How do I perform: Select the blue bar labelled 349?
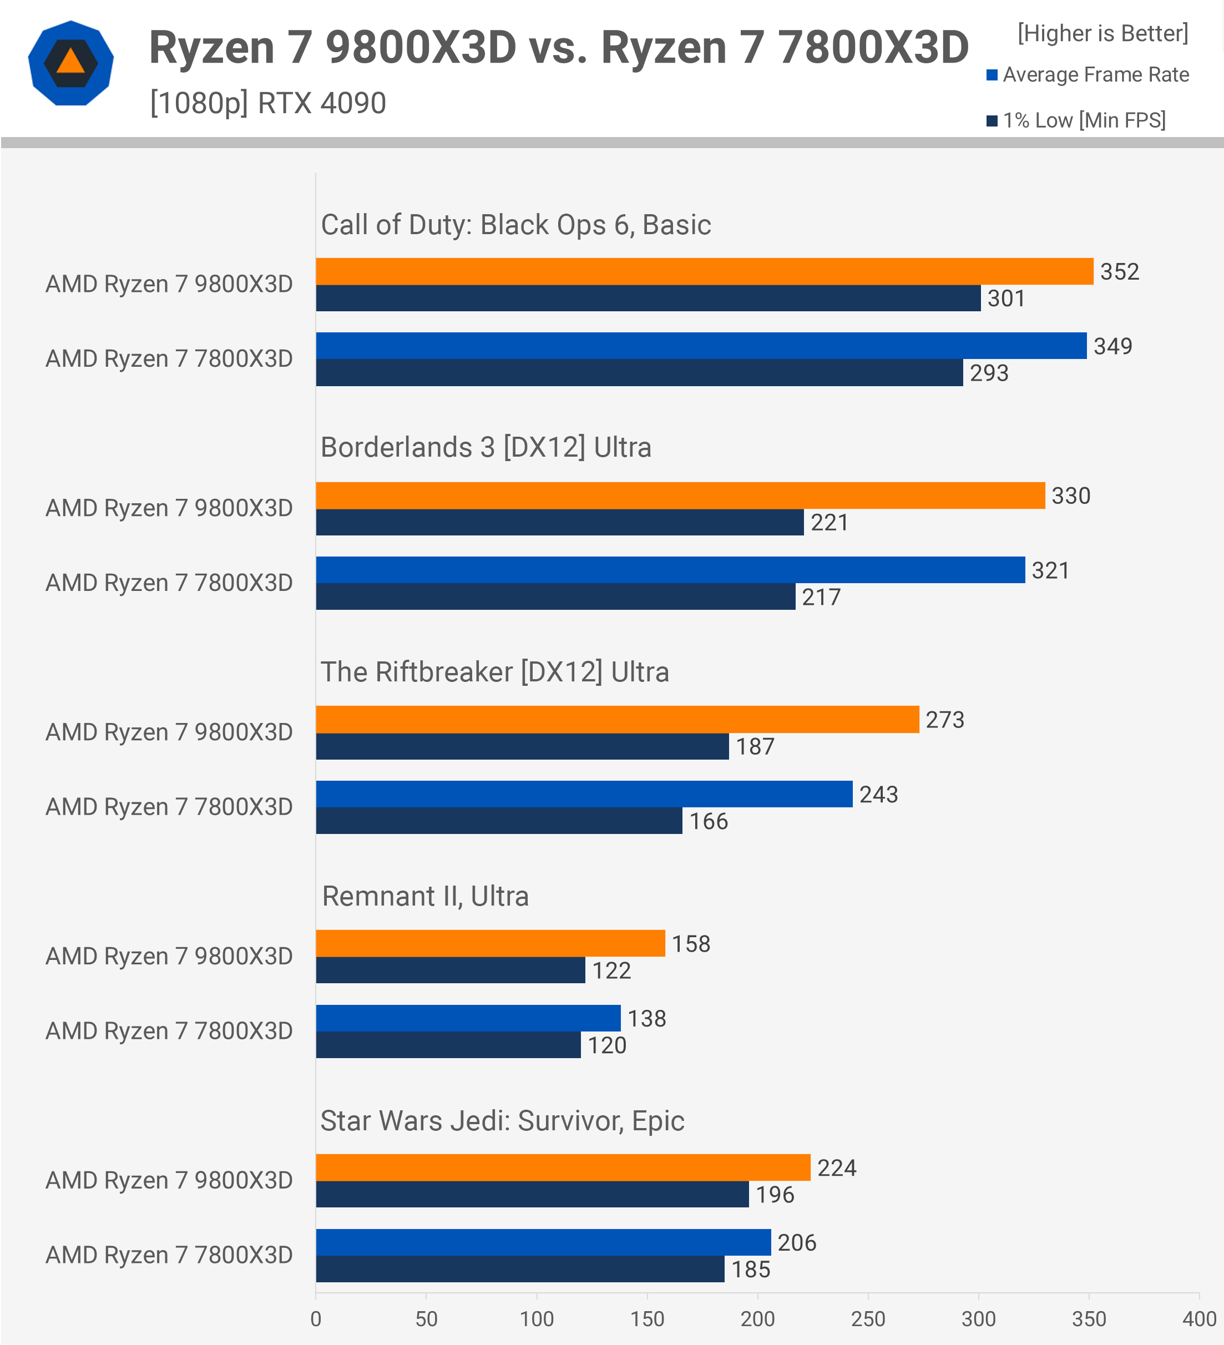700,346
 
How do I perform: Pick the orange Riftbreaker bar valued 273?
617,719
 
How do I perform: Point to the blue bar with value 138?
468,1018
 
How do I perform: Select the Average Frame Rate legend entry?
1088,75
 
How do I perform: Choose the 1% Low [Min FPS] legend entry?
1076,120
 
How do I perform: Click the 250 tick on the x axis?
867,1319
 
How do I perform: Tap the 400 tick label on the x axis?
1198,1319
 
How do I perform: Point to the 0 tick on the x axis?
316,1319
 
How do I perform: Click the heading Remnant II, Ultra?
425,896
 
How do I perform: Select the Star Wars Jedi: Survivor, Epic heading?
502,1121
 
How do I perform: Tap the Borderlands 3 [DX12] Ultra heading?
485,447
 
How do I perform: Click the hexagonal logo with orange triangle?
70,63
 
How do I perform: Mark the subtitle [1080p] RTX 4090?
267,103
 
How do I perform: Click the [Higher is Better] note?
1102,33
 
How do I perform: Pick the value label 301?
1006,298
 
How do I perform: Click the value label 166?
708,821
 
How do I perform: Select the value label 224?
837,1168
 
